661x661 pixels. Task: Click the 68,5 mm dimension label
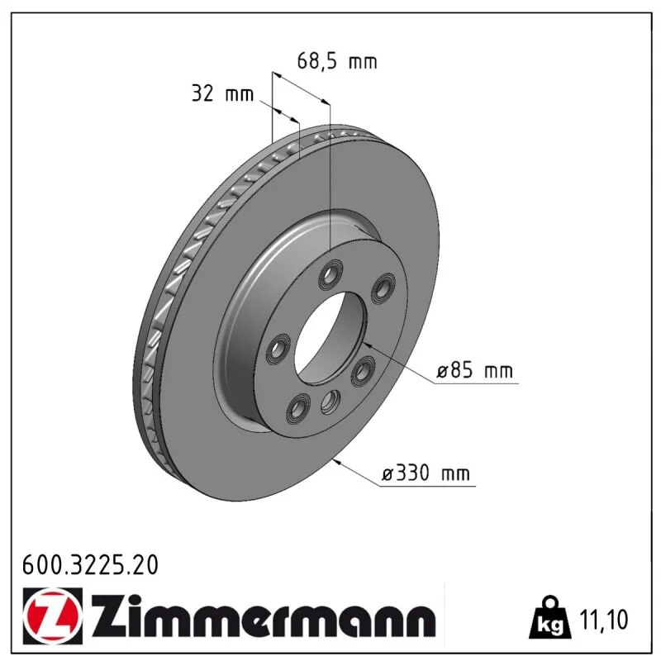337,61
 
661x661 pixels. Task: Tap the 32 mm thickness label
222,93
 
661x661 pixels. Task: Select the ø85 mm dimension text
474,370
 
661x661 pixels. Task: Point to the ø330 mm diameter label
426,473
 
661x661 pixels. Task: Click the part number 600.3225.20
90,565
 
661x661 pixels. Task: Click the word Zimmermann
264,616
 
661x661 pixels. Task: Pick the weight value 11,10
604,619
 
